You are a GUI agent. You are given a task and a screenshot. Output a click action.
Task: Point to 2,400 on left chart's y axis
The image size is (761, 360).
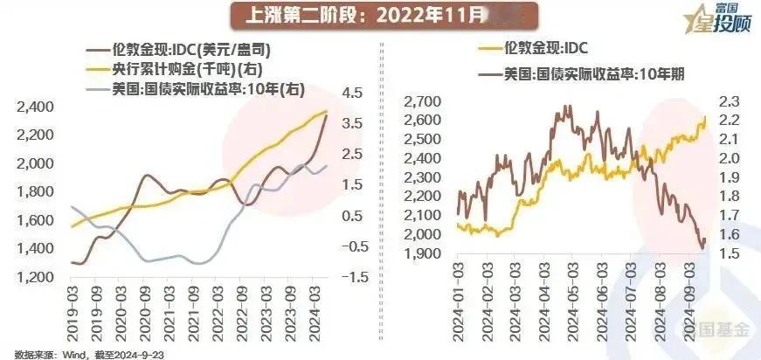point(35,107)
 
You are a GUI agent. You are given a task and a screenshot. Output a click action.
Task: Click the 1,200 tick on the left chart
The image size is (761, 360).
point(35,277)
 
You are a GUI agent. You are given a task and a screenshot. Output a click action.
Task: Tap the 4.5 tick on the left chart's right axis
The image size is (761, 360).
point(351,93)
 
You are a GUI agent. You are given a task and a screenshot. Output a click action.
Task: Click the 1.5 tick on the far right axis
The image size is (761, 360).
point(730,253)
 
